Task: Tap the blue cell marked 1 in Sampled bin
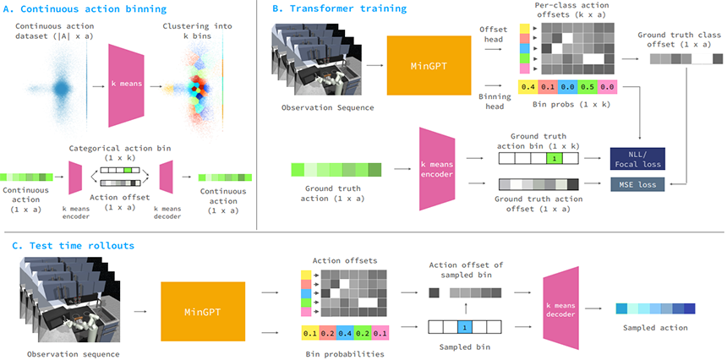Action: [463, 325]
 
